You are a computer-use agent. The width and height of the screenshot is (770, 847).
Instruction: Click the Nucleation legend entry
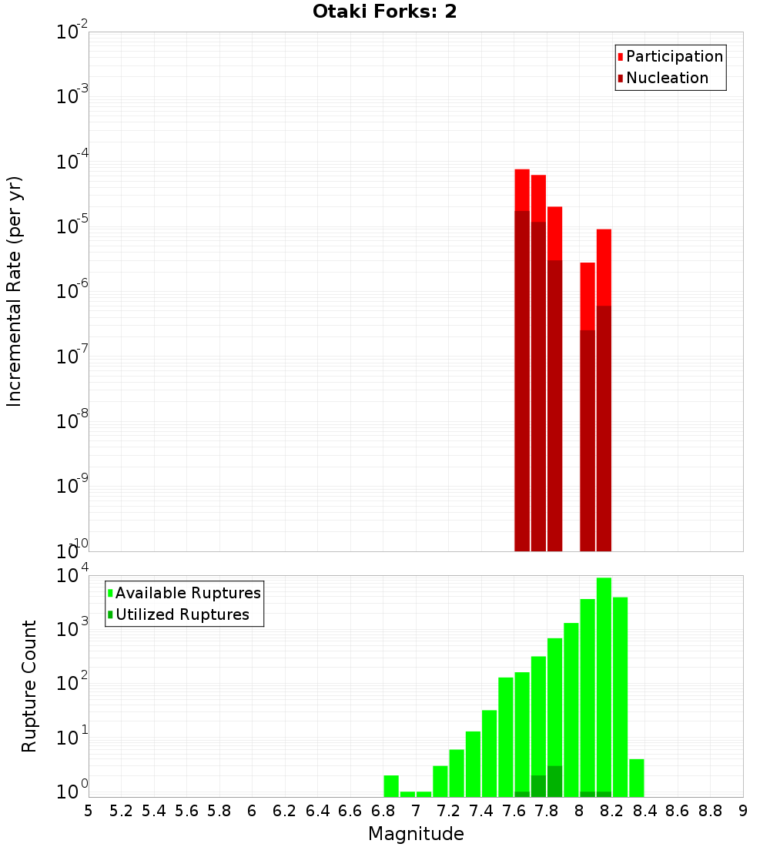click(667, 78)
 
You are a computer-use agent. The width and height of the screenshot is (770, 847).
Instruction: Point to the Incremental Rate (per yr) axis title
click(15, 291)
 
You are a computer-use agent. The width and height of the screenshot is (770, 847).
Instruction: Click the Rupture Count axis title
click(29, 686)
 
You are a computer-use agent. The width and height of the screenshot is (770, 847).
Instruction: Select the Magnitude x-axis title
click(416, 834)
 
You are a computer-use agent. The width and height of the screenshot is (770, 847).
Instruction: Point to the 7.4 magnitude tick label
click(481, 811)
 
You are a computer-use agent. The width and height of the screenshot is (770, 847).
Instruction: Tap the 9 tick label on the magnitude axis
click(743, 811)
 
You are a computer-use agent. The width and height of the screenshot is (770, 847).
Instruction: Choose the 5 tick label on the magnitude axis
click(89, 811)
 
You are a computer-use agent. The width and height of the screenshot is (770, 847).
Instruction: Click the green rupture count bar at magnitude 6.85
click(391, 785)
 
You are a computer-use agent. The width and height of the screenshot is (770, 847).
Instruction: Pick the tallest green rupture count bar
click(604, 685)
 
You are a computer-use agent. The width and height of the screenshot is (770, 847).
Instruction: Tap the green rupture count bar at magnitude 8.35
click(637, 778)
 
